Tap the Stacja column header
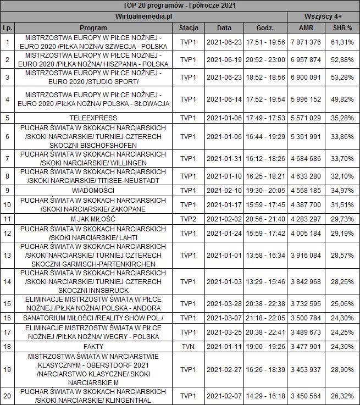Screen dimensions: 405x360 click(189, 27)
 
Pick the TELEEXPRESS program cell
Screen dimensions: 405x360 click(93, 118)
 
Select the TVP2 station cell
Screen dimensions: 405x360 click(189, 219)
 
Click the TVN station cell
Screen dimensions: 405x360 click(189, 346)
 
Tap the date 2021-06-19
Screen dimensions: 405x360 click(224, 59)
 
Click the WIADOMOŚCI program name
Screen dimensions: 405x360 click(93, 190)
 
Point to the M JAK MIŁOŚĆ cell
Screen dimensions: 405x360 click(93, 219)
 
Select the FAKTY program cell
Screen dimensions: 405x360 click(93, 346)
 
